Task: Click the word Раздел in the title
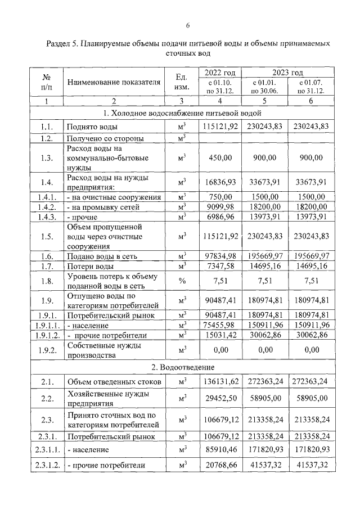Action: pyautogui.click(x=57, y=43)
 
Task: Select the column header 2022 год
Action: pyautogui.click(x=219, y=73)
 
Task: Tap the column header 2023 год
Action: pyautogui.click(x=287, y=73)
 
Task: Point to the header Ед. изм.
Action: pyautogui.click(x=181, y=82)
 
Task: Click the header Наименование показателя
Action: pyautogui.click(x=114, y=82)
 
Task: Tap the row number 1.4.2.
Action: pyautogui.click(x=48, y=206)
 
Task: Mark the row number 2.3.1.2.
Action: pyautogui.click(x=48, y=465)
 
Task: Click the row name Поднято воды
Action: pyautogui.click(x=92, y=127)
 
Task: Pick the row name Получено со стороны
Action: pyautogui.click(x=105, y=138)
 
